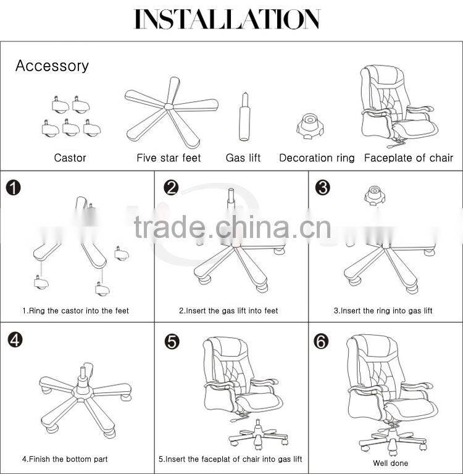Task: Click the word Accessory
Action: [x=52, y=66]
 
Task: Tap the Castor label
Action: [x=70, y=158]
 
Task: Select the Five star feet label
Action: [x=169, y=158]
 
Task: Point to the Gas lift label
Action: [x=243, y=158]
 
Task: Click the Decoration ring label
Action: [x=317, y=158]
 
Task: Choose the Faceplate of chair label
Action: [x=409, y=158]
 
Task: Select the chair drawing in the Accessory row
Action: [x=398, y=105]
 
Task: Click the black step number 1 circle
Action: [x=14, y=187]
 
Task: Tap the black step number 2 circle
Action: [x=171, y=187]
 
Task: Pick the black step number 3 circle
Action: [x=322, y=187]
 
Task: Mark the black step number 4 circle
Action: [x=14, y=339]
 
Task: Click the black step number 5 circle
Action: [x=171, y=341]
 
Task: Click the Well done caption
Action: [x=390, y=463]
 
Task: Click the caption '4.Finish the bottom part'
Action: [x=65, y=459]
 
